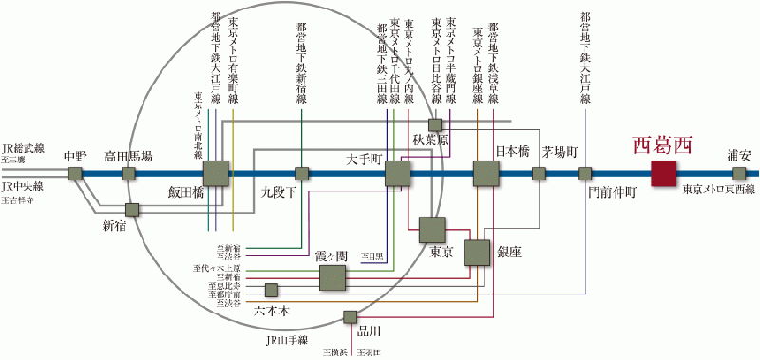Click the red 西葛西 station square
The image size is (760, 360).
click(663, 174)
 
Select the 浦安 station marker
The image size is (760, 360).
click(739, 174)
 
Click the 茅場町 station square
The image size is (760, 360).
click(540, 174)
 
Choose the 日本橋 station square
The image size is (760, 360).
click(486, 174)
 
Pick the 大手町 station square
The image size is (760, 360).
click(397, 174)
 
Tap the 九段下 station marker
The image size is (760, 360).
click(302, 174)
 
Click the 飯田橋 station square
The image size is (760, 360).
click(217, 174)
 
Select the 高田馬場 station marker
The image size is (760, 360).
click(129, 174)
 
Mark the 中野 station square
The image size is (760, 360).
click(75, 174)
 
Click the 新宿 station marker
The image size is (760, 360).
click(133, 208)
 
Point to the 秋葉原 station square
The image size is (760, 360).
click(435, 124)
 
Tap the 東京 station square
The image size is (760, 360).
click(432, 230)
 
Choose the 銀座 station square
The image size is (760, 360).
click(477, 253)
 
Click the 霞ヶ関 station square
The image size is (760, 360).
click(332, 277)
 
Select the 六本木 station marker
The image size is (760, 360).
click(272, 290)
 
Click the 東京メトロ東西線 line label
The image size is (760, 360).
click(719, 191)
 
